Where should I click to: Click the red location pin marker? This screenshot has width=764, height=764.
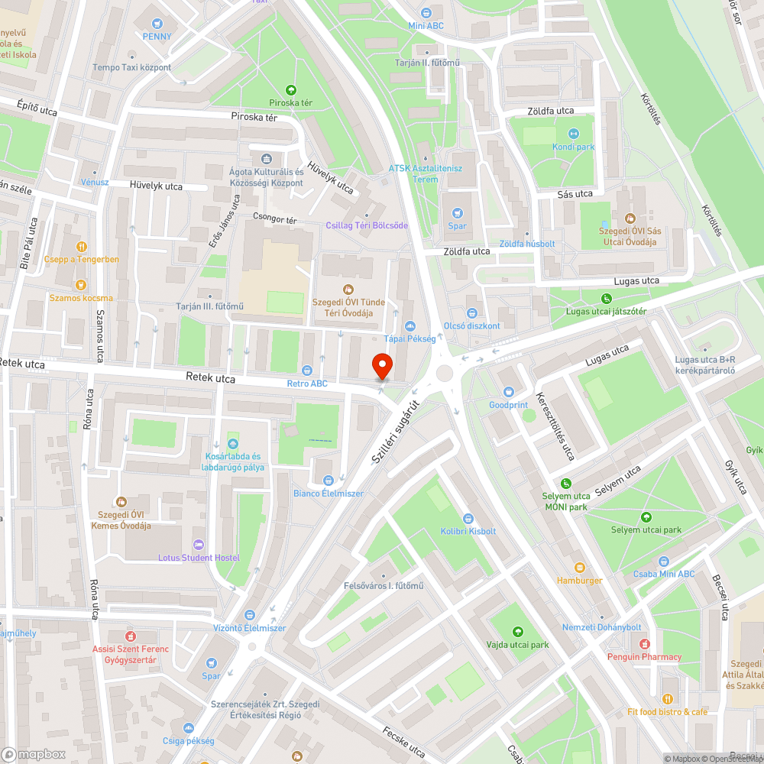[x=382, y=367]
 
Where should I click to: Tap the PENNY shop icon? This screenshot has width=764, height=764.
[x=157, y=24]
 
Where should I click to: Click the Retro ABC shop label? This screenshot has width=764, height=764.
[x=307, y=384]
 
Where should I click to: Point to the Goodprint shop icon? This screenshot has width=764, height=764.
[x=509, y=392]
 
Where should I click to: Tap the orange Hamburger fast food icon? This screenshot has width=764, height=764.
[x=579, y=568]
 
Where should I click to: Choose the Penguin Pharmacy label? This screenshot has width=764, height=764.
[x=644, y=657]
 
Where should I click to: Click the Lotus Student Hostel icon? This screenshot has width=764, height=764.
[x=199, y=545]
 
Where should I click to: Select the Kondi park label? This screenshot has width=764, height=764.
[x=574, y=147]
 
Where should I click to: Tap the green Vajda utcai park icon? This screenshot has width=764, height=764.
[x=518, y=632]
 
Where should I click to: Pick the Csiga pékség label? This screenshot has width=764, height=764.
[x=188, y=740]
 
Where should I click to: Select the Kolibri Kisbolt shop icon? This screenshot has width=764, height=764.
[x=468, y=518]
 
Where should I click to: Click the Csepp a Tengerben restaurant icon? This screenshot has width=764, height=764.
[x=81, y=247]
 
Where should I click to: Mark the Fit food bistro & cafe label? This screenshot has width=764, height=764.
[x=667, y=712]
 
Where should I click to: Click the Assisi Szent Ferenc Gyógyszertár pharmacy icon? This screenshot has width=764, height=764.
[x=130, y=636]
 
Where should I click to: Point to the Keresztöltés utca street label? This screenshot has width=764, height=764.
[x=555, y=426]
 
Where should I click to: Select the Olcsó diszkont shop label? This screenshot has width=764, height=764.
[x=471, y=325]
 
